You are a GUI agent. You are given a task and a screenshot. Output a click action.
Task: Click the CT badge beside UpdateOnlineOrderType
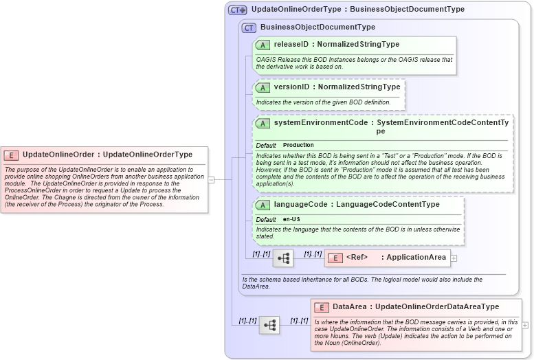tap(238, 10)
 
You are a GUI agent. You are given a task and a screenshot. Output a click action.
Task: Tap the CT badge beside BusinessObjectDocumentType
tap(249, 27)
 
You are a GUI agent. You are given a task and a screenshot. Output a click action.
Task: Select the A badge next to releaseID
tap(263, 45)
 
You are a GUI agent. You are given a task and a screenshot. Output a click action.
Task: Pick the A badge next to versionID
tap(263, 87)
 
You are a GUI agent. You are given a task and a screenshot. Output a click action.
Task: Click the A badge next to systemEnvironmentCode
tap(263, 123)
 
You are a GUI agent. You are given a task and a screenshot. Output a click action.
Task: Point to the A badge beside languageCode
tap(263, 205)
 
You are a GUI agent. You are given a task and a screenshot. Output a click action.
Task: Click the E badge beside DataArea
tap(321, 307)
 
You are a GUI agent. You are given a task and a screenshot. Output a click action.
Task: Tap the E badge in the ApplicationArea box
tap(335, 258)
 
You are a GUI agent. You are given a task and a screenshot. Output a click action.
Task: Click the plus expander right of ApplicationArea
tap(454, 258)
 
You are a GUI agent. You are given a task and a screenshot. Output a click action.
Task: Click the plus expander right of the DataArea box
tap(525, 325)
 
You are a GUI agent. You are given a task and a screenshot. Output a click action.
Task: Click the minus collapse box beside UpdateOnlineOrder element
tap(212, 179)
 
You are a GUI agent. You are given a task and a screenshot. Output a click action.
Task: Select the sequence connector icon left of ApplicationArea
tap(283, 258)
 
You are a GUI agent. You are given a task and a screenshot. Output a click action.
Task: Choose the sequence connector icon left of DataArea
tap(269, 325)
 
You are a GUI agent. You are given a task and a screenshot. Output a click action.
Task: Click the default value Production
tap(298, 146)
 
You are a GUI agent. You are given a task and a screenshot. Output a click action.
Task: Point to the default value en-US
tap(291, 219)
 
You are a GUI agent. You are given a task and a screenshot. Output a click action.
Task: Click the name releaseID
tap(291, 45)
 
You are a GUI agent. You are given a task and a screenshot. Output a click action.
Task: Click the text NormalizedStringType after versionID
tap(359, 87)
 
